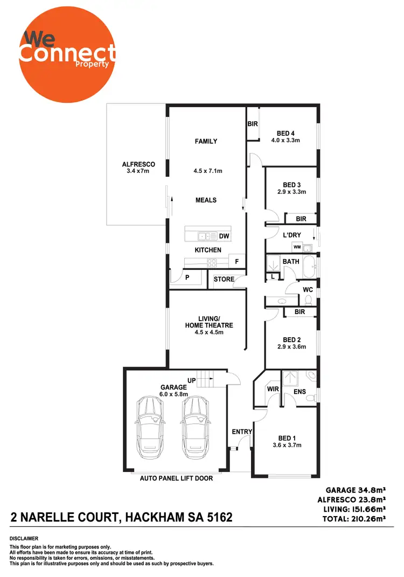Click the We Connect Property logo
(66, 52)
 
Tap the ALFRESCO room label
(138, 164)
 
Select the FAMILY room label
(206, 141)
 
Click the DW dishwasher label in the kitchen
(224, 236)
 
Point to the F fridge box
(236, 261)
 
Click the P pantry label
(187, 279)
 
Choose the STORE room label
(224, 279)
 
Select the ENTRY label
(242, 432)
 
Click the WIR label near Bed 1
(272, 388)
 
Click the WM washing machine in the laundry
(297, 247)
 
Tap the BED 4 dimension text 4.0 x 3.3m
(285, 140)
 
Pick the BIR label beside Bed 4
(253, 124)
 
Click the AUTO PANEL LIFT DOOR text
(176, 478)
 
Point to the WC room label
(308, 289)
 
